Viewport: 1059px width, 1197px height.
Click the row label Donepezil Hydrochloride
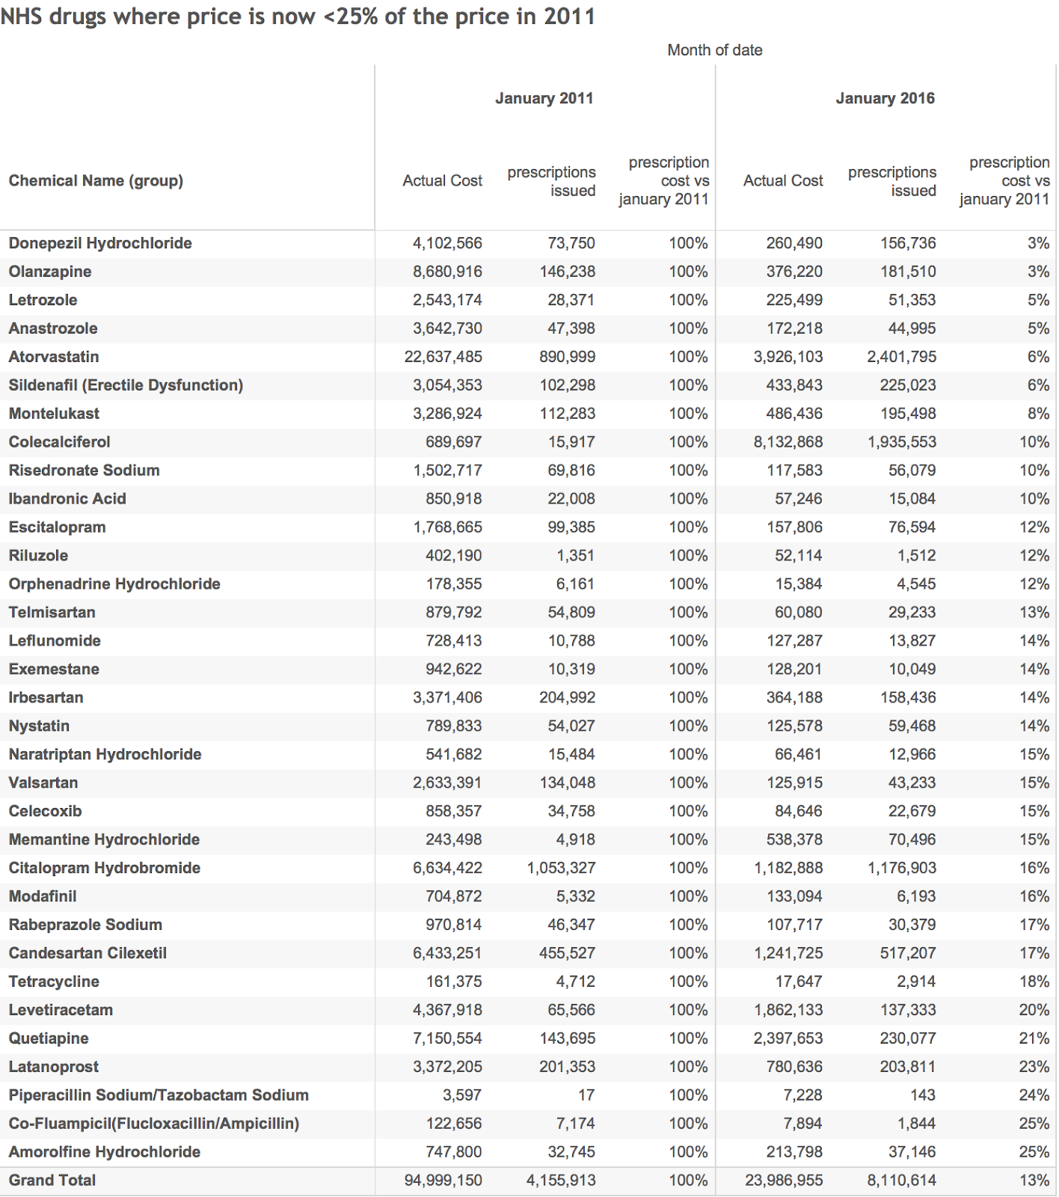100,243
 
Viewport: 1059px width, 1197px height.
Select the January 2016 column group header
885,98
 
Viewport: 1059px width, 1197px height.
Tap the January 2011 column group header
544,98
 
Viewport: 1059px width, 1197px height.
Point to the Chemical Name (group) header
96,180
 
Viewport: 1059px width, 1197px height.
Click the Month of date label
714,50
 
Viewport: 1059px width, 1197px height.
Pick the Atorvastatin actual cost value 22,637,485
443,357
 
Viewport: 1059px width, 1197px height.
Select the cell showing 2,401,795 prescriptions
901,357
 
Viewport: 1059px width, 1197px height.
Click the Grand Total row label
52,1180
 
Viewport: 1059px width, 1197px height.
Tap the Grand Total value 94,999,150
443,1180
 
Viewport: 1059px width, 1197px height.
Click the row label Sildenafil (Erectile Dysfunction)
126,385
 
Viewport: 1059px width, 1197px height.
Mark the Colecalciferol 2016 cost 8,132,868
788,442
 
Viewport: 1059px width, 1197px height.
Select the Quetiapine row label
49,1038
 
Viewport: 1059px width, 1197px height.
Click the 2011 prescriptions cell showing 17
586,1095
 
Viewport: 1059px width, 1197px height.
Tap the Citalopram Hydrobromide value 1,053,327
561,868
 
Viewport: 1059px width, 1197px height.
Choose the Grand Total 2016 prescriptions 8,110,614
901,1180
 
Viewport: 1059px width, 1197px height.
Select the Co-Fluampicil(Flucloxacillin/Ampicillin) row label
154,1123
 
